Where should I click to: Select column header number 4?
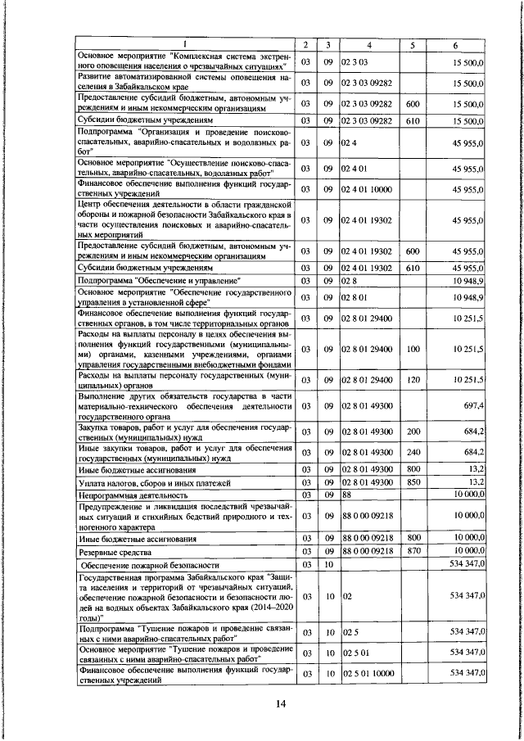coord(369,43)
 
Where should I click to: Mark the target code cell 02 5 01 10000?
coord(368,672)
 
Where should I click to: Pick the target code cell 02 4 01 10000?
coord(368,190)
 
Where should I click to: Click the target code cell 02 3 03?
coord(357,61)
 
